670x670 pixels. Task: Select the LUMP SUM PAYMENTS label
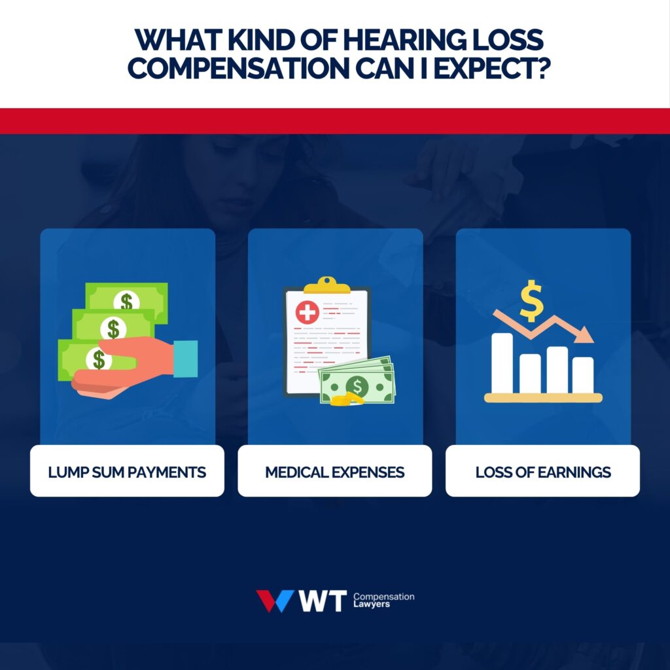coord(127,471)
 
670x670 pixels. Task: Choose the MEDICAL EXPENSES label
coord(334,471)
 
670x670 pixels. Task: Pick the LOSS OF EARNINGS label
coord(542,471)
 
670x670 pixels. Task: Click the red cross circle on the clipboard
coord(307,313)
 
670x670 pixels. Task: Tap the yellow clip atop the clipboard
coord(327,285)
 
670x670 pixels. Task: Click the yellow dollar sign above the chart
coord(531,300)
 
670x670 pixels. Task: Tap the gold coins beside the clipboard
coord(346,399)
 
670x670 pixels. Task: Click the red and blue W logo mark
coord(274,601)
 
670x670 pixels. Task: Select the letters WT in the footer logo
coord(321,601)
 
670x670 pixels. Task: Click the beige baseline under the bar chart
coord(542,397)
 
